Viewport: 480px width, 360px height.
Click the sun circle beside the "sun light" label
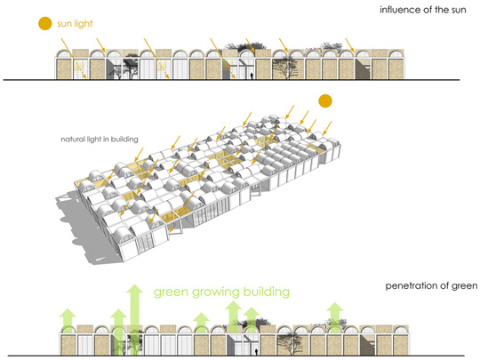tap(45, 24)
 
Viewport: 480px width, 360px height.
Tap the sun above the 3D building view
tap(325, 101)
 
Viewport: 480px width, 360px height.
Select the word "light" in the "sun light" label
tap(84, 24)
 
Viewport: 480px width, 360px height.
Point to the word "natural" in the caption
tap(73, 140)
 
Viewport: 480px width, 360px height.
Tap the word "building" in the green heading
tap(267, 292)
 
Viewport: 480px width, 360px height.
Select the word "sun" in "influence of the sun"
tap(459, 10)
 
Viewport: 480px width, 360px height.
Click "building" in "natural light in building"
tap(124, 140)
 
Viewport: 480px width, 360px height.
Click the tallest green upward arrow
tap(135, 320)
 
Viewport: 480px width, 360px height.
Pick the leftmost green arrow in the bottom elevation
tap(68, 321)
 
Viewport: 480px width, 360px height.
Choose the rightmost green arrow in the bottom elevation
tap(335, 317)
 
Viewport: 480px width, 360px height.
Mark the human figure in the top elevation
tap(252, 76)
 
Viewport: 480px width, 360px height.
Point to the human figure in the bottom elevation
tap(256, 352)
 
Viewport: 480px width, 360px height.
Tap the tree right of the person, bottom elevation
tap(290, 344)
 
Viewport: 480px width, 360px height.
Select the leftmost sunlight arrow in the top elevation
tap(74, 58)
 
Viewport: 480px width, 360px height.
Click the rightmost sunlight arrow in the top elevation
tap(350, 45)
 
